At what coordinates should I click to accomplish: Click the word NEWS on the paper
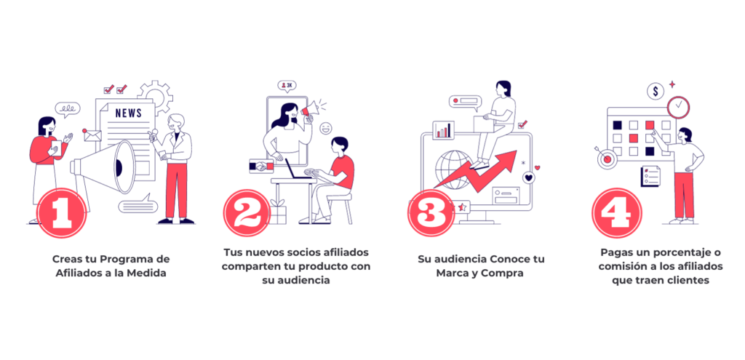click(128, 113)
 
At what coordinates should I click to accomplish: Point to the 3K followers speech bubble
click(287, 86)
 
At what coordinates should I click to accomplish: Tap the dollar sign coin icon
click(656, 91)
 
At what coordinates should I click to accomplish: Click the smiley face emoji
click(325, 128)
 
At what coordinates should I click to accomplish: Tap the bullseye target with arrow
click(605, 158)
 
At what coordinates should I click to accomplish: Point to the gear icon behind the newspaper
click(156, 97)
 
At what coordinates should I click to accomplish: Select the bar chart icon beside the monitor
click(443, 129)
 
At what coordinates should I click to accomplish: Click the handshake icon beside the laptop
click(261, 167)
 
